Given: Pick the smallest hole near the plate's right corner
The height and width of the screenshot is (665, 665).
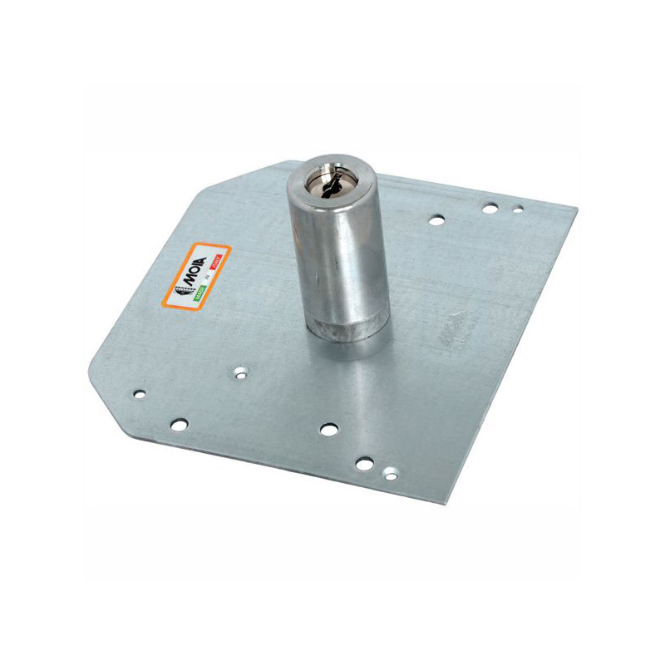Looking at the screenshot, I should point(518,210).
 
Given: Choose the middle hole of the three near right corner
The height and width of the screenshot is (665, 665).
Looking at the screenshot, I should point(490,207).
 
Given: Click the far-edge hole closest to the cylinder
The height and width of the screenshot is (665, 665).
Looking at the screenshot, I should point(435,221).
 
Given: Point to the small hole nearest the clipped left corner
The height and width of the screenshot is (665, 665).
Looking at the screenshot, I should point(140,391).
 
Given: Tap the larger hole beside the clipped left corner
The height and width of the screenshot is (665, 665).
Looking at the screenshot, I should point(179,424).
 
